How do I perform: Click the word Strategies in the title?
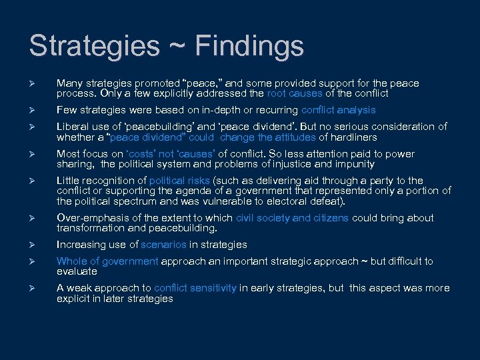(x=95, y=46)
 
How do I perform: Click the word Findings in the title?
(x=248, y=46)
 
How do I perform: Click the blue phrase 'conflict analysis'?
(x=338, y=110)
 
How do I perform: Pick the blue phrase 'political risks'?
(x=179, y=181)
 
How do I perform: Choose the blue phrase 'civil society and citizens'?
(x=292, y=218)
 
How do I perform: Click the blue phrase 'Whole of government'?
(x=107, y=261)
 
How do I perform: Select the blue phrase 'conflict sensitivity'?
(x=195, y=288)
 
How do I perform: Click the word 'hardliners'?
(x=353, y=137)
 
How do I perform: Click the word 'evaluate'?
(x=77, y=271)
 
